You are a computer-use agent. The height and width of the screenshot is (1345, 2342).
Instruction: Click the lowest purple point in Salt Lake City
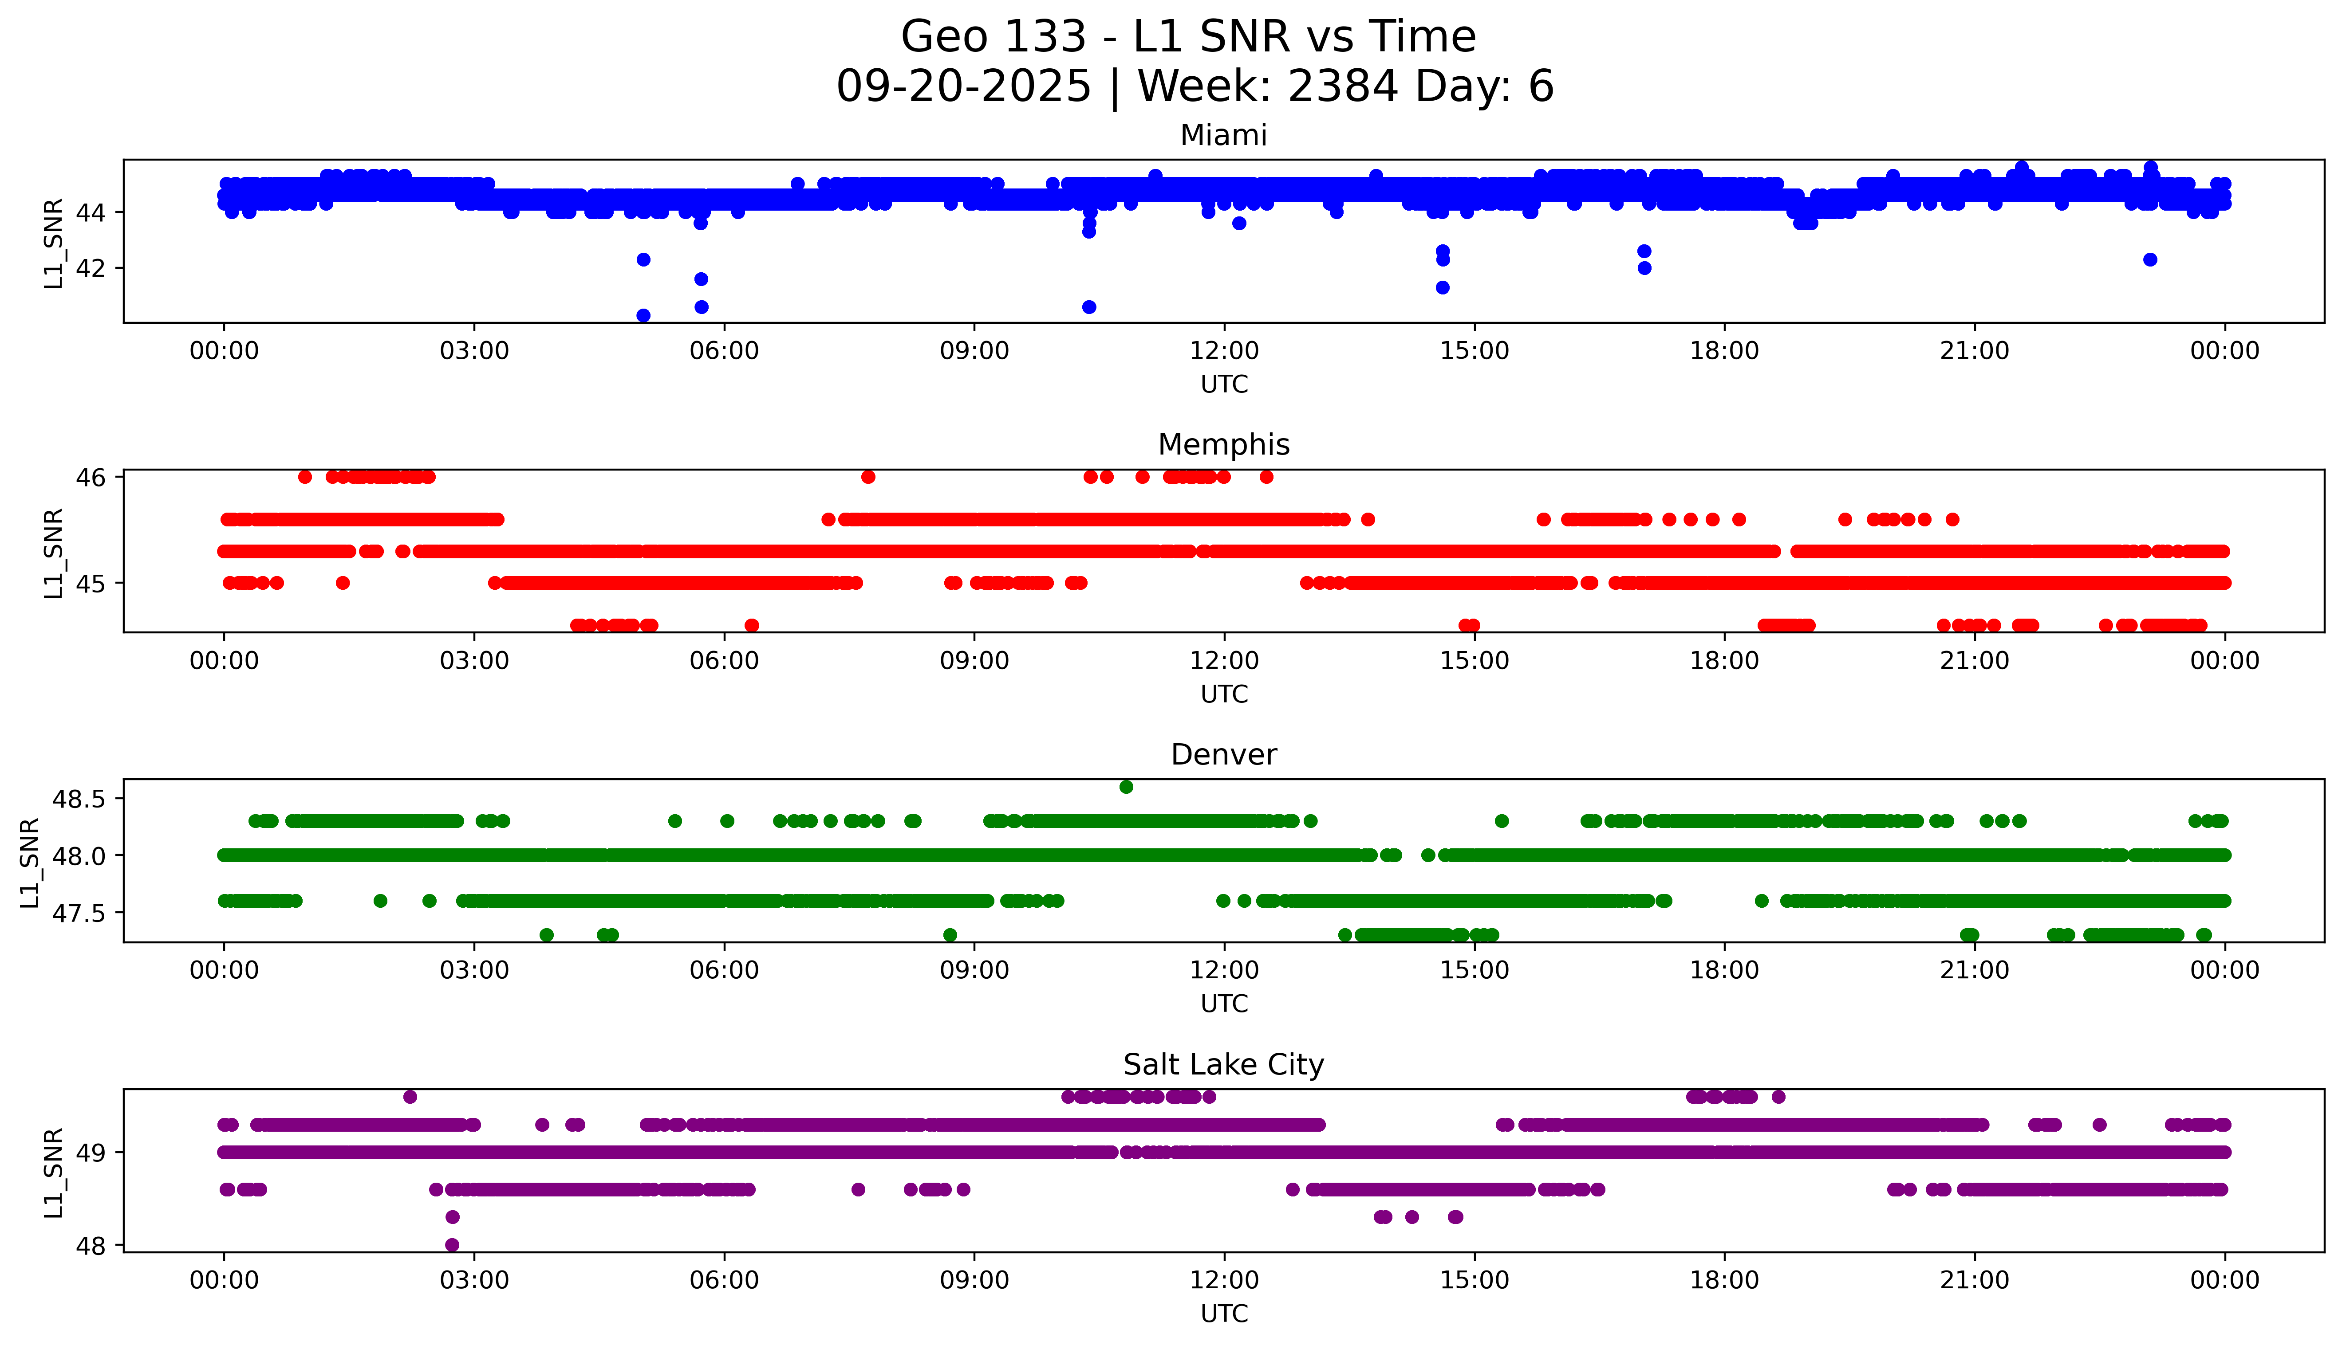[x=452, y=1244]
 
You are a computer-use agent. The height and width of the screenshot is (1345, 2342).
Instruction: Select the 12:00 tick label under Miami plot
[x=1224, y=351]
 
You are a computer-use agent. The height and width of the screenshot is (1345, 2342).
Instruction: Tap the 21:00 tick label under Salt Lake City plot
[x=1974, y=1280]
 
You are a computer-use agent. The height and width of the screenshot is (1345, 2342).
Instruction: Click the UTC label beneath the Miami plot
[x=1224, y=384]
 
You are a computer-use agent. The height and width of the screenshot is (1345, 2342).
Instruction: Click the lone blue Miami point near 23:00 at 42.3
[x=2150, y=259]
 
